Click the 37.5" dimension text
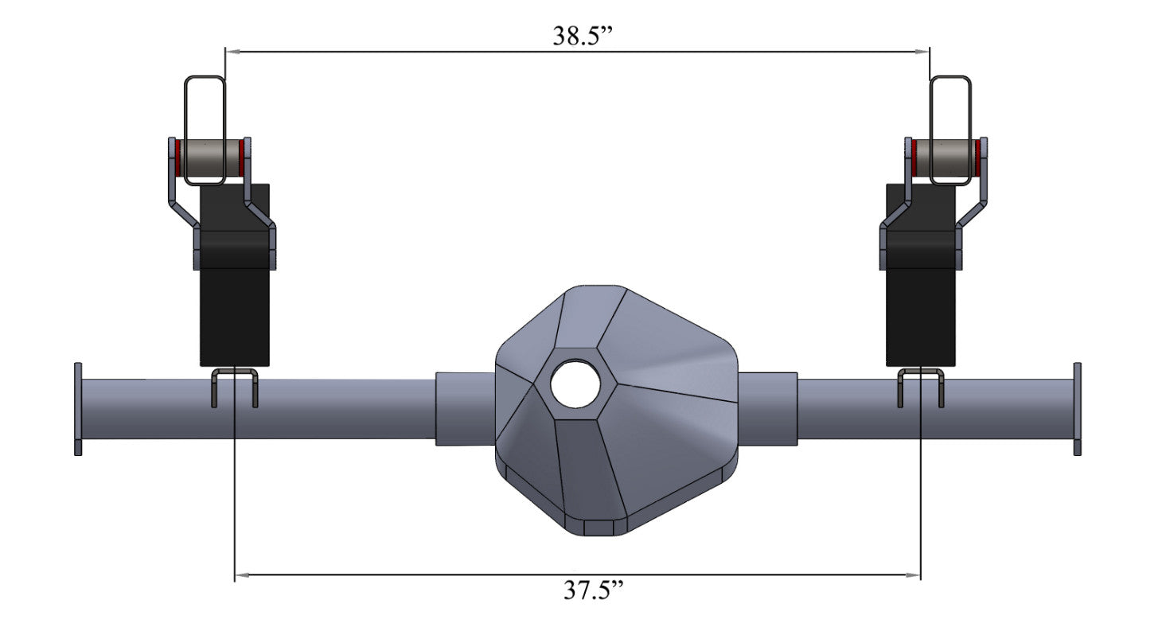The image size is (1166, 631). tap(593, 590)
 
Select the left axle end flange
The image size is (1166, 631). tap(78, 409)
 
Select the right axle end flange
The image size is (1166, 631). tap(1078, 409)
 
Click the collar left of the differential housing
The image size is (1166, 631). tap(465, 408)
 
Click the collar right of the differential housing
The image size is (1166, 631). tap(768, 408)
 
